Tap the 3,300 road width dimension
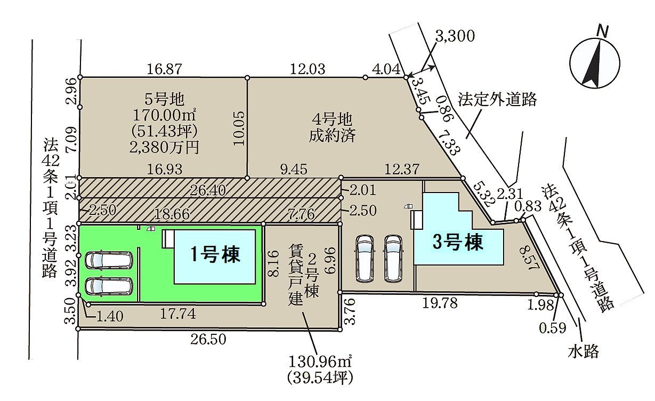[455, 36]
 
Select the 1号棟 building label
[215, 254]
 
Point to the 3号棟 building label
[458, 242]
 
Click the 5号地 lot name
[165, 99]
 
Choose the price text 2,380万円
[164, 147]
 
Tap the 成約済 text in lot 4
[332, 135]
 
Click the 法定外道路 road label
[497, 99]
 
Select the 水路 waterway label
[584, 351]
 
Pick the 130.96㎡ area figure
[320, 362]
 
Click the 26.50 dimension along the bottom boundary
[208, 339]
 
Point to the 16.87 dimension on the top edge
[164, 69]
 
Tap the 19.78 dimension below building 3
[440, 303]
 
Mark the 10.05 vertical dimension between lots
[239, 128]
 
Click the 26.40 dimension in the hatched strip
[208, 191]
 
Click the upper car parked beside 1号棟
[109, 260]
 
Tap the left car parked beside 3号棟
[365, 258]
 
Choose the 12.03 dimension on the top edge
[308, 69]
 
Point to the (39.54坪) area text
[320, 378]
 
